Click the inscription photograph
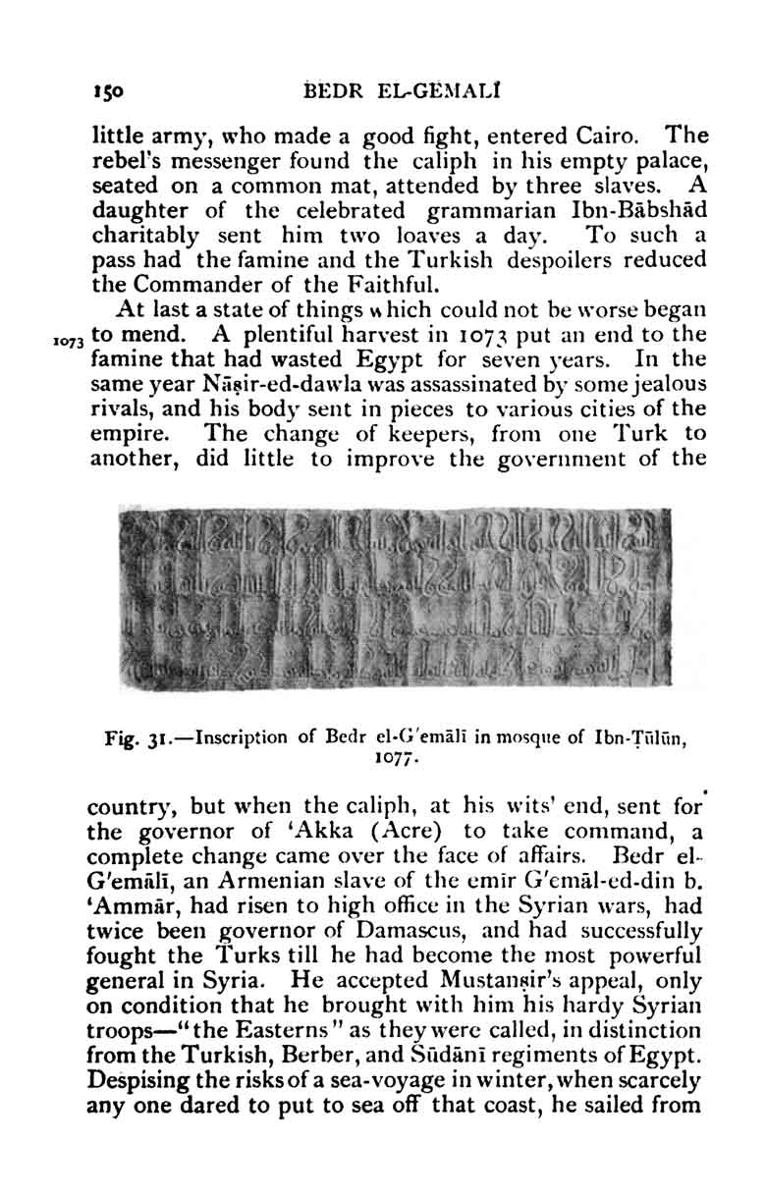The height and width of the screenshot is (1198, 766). point(394,597)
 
